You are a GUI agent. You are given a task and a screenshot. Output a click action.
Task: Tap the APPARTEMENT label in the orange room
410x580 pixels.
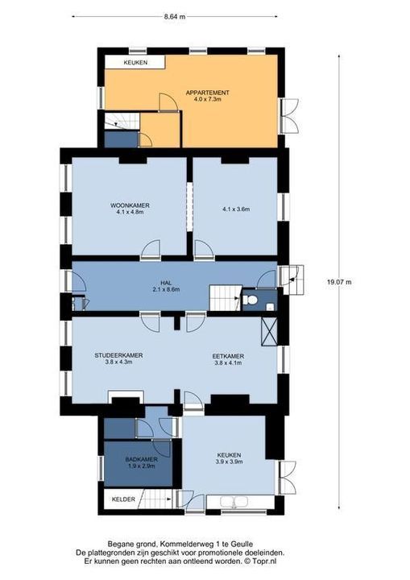(208, 93)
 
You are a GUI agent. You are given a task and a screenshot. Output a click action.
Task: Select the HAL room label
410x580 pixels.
(166, 283)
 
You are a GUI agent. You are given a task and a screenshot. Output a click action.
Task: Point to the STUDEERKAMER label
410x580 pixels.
(118, 355)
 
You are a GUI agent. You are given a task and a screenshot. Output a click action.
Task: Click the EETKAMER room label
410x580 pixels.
(228, 356)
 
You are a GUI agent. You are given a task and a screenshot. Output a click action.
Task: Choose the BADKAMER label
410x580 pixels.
(141, 459)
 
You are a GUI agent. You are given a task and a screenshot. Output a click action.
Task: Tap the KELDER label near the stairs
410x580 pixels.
(123, 499)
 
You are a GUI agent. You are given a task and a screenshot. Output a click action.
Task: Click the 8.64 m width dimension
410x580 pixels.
(175, 16)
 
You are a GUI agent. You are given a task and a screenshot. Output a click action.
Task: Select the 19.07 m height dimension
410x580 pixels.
(339, 282)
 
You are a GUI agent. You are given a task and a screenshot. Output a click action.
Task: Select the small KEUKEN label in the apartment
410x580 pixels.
(135, 63)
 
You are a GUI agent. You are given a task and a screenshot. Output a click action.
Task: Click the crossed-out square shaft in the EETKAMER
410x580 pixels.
(269, 331)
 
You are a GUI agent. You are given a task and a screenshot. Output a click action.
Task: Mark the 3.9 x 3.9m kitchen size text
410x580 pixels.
(229, 462)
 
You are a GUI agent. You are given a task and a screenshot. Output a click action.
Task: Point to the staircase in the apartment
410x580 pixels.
(122, 121)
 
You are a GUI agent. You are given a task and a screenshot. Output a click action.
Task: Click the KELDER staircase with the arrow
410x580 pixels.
(155, 499)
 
